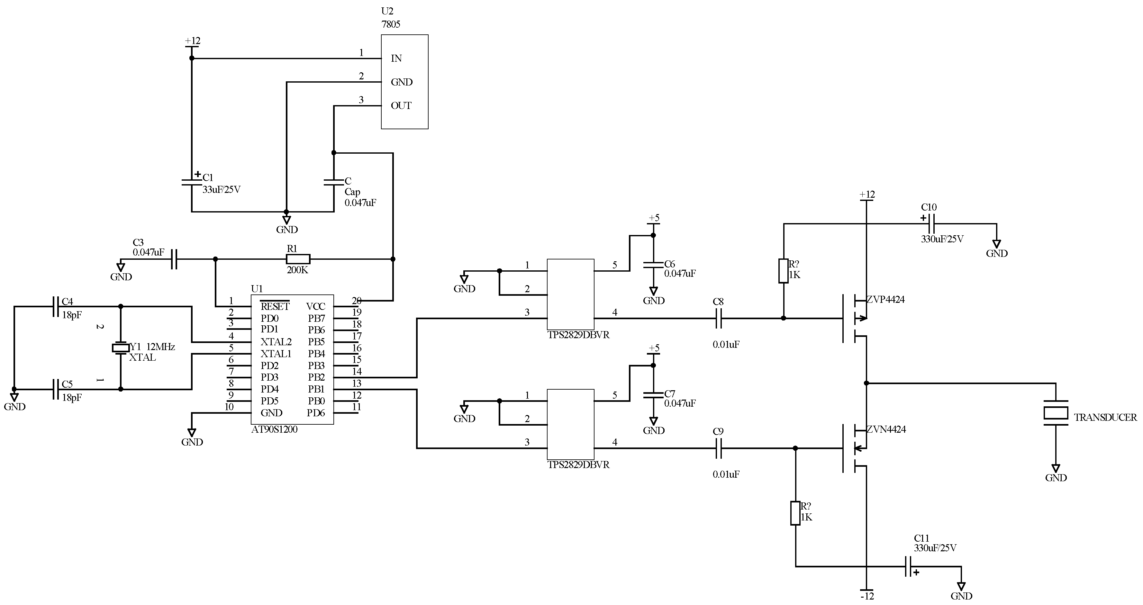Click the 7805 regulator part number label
click(x=390, y=24)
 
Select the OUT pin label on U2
click(x=401, y=105)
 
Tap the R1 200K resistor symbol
click(x=298, y=259)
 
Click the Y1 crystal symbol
click(x=120, y=348)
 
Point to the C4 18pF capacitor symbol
click(x=56, y=306)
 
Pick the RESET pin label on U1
click(x=275, y=306)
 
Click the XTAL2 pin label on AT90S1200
click(x=276, y=342)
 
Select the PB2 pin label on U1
click(x=316, y=377)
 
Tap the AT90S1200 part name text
click(x=274, y=429)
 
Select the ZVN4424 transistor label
click(x=886, y=429)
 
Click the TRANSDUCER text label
click(x=1105, y=417)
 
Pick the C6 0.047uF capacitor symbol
click(x=653, y=265)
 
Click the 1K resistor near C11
click(x=795, y=513)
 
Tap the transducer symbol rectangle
click(x=1056, y=413)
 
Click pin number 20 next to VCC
click(x=356, y=301)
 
